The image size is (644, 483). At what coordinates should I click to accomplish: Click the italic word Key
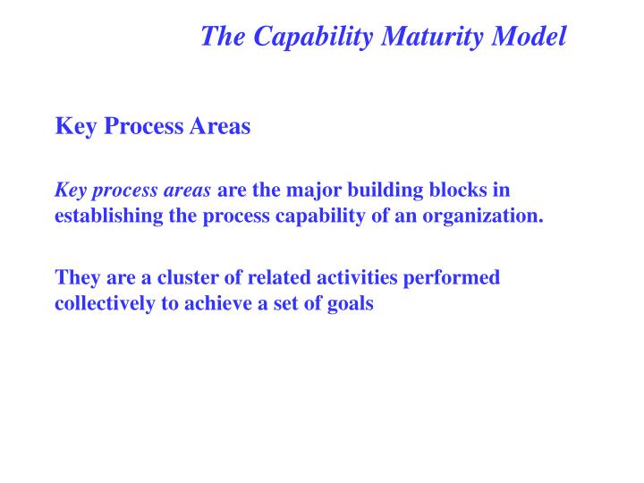click(x=69, y=190)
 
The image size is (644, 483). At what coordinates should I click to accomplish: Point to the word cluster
click(x=178, y=277)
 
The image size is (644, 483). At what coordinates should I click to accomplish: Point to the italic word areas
click(x=188, y=190)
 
